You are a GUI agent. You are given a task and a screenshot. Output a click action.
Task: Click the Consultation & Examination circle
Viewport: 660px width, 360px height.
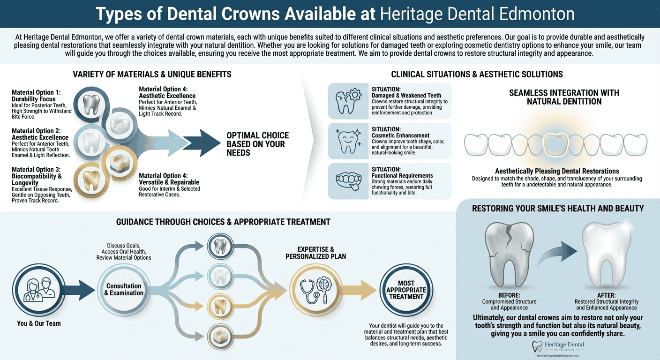click(124, 290)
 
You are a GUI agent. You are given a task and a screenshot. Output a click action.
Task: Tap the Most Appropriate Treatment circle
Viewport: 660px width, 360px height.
click(406, 290)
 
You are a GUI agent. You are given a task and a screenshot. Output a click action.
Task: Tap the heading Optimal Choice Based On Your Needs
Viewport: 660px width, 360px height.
click(258, 143)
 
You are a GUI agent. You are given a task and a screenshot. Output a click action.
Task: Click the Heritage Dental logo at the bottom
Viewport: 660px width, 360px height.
click(558, 347)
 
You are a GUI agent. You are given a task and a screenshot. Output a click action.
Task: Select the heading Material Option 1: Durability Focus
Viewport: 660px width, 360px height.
click(36, 96)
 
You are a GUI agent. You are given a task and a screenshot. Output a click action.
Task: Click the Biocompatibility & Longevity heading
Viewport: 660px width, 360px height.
click(37, 173)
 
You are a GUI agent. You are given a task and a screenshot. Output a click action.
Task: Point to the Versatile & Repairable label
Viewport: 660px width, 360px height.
click(169, 182)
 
